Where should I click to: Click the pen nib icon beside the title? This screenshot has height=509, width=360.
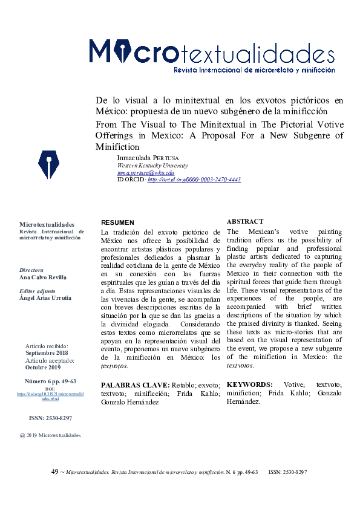coord(48,164)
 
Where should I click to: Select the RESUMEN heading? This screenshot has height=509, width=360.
coord(117,222)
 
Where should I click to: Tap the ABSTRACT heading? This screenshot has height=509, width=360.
coord(244,222)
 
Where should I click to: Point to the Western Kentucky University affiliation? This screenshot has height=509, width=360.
coord(152,165)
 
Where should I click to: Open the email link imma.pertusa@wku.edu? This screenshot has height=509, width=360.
coord(145,172)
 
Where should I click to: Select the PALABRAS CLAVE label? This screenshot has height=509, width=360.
coord(134,384)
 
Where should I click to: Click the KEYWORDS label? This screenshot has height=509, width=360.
coord(249,384)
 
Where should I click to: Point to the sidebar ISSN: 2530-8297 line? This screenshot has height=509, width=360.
coord(51,418)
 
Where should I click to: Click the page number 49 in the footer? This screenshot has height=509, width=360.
coord(54,472)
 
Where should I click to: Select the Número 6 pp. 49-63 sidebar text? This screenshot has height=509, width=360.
coord(50,381)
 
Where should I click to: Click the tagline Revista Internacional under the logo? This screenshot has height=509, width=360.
coord(254,70)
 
